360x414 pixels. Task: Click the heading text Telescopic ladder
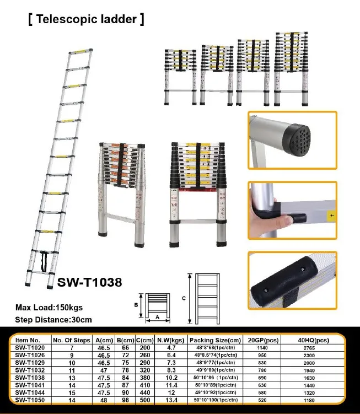(85, 20)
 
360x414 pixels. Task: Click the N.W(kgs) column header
(168, 340)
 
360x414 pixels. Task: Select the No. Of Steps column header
(71, 340)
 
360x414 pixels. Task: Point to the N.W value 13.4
(168, 399)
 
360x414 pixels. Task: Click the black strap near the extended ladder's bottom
(40, 259)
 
